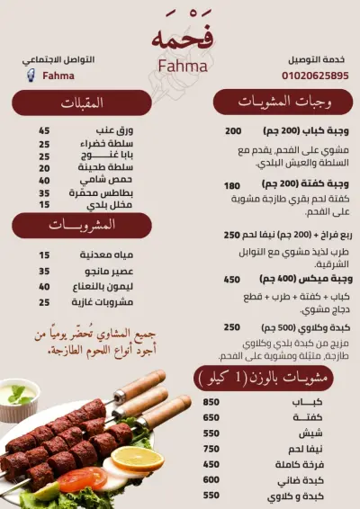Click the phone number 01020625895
point(315,76)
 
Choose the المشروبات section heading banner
point(78,223)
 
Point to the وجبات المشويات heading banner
point(282,102)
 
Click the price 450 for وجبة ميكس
point(231,280)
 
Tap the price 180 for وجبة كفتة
point(231,185)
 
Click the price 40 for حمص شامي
point(44,180)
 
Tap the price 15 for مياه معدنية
point(44,255)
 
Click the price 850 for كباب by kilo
point(211,402)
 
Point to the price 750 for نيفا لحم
point(211,449)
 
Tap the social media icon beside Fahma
point(31,76)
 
